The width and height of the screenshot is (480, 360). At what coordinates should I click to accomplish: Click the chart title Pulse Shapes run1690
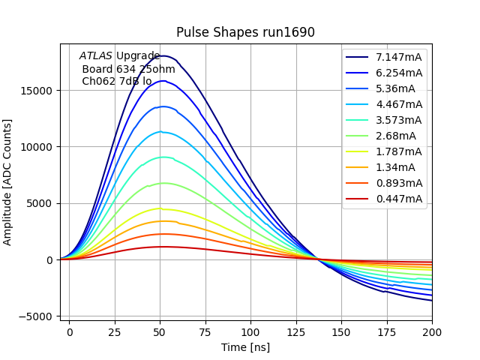tap(245, 32)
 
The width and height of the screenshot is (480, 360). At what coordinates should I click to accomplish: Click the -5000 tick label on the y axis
tap(38, 316)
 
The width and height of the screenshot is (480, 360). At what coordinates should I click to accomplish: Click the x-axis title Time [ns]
tap(245, 347)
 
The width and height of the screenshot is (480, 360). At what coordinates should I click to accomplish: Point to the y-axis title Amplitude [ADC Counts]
tap(8, 181)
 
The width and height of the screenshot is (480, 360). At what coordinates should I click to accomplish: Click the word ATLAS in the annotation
tap(96, 55)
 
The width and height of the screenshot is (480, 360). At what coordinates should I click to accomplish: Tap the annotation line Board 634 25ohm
tap(128, 69)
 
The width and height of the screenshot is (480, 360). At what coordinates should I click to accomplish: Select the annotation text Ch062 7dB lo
tap(116, 81)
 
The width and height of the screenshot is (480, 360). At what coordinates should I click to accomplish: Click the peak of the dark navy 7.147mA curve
tap(162, 55)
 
